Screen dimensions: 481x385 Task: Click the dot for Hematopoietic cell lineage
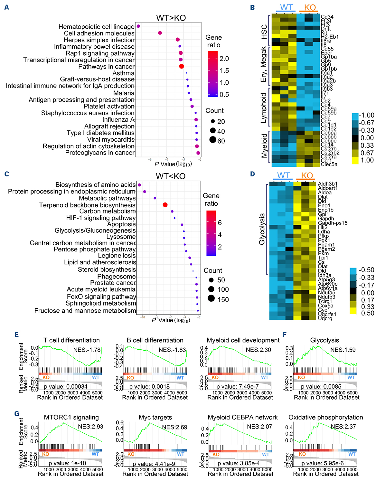[138, 26]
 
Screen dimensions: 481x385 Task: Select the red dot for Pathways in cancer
[182, 66]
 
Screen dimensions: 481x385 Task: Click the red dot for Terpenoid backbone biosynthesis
[165, 205]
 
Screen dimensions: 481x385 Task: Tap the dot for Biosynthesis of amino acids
[139, 185]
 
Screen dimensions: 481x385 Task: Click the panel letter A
[6, 7]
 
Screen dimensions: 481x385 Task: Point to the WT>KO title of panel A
[171, 18]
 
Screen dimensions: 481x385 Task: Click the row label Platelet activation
[109, 106]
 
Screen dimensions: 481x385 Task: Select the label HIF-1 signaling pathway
[101, 218]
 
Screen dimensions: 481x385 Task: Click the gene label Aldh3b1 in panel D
[328, 184]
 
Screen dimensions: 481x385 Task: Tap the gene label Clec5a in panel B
[329, 164]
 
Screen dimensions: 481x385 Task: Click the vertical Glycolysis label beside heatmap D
[262, 229]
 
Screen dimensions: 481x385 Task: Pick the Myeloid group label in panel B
[264, 146]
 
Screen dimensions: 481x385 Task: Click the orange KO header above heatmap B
[310, 8]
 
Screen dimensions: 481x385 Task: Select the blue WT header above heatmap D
[283, 175]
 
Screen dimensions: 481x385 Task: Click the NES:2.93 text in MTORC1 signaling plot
[90, 427]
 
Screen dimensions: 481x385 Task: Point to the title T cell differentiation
[71, 340]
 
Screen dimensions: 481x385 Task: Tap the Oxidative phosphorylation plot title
[325, 417]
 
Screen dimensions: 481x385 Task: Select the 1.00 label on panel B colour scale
[367, 160]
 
